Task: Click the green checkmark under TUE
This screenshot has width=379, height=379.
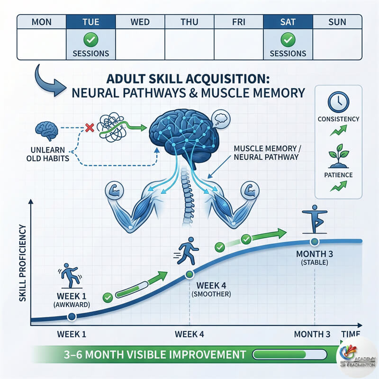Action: [90, 39]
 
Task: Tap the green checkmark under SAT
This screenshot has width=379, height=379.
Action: [287, 39]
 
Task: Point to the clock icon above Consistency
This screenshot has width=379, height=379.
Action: [338, 101]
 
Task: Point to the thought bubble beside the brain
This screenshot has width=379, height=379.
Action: [220, 118]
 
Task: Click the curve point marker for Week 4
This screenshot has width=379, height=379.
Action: [189, 273]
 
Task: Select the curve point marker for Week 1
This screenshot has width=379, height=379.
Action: [72, 316]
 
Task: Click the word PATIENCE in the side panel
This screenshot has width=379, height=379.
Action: [338, 175]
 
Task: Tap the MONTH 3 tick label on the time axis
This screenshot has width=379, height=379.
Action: [312, 334]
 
